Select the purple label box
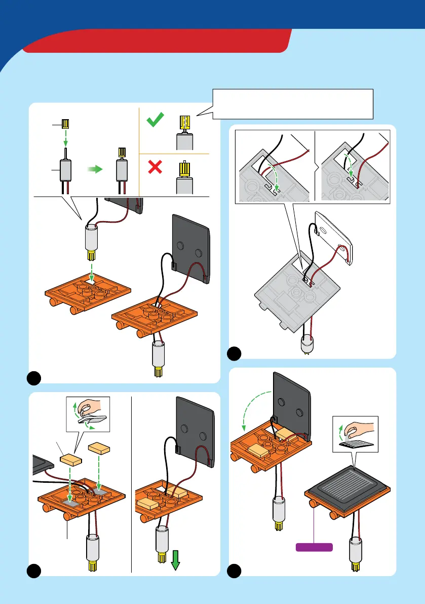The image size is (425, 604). (x=314, y=547)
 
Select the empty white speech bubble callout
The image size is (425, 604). (x=292, y=104)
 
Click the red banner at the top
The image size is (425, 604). (x=157, y=41)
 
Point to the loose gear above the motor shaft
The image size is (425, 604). (x=65, y=123)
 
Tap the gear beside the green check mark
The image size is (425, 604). (x=183, y=124)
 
